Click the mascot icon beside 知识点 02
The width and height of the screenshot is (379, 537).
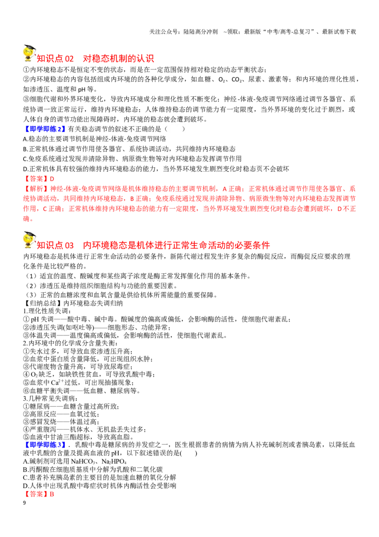[x=29, y=54]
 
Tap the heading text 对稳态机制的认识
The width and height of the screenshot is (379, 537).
[x=118, y=58]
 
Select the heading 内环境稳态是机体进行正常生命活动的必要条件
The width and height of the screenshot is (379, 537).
[x=177, y=245]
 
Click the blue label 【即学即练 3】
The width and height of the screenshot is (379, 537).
[x=45, y=445]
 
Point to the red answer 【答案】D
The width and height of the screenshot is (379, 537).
[x=39, y=179]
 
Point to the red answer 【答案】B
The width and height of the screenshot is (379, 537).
[x=39, y=494]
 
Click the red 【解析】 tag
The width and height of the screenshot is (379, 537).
[x=35, y=189]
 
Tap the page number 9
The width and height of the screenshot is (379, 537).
[x=24, y=503]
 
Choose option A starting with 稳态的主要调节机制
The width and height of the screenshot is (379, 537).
[x=94, y=139]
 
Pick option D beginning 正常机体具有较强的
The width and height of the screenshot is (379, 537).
[x=156, y=169]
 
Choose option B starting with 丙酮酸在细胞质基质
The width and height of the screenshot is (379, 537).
[x=93, y=470]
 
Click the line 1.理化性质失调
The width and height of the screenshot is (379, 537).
[x=47, y=311]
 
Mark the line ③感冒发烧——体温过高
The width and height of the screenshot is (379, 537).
[x=61, y=422]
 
